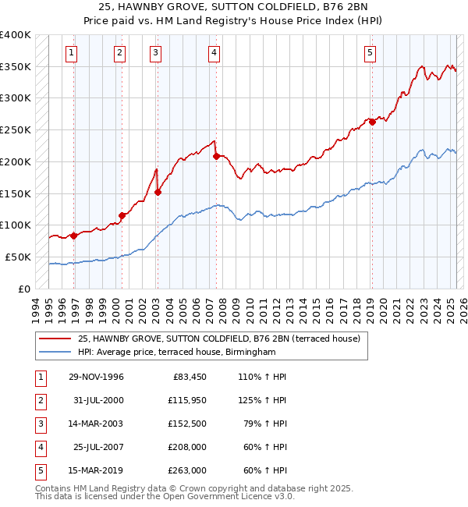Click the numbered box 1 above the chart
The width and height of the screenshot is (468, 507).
tap(71, 53)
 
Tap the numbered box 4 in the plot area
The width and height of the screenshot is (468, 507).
tap(214, 53)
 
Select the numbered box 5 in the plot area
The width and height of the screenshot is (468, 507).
tap(369, 53)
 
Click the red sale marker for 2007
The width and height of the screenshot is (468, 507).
tap(215, 156)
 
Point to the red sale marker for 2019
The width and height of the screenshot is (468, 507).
tap(373, 121)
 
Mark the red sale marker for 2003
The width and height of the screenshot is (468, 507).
tap(158, 192)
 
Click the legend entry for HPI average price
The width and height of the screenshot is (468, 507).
tap(176, 353)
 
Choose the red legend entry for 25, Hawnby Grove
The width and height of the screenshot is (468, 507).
tap(218, 339)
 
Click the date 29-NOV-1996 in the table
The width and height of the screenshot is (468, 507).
tap(95, 377)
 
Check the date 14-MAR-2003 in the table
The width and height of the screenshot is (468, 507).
tap(95, 424)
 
